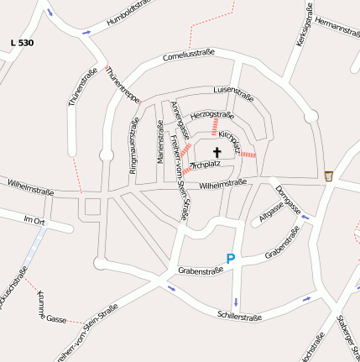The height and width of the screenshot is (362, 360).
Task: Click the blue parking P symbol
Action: pos(231,260)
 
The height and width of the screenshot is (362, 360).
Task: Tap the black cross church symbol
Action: pos(217,153)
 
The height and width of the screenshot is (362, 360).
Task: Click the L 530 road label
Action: pos(23,42)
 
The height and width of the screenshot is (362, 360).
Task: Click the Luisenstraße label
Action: pos(234,89)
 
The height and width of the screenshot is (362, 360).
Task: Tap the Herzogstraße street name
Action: pos(212,113)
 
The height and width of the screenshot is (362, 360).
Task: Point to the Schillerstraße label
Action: pos(239,317)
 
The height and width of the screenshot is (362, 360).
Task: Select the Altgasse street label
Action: pos(272,211)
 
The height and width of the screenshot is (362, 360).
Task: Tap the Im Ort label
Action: pos(34,220)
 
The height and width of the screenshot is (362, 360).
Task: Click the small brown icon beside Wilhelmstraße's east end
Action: pos(329,176)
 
